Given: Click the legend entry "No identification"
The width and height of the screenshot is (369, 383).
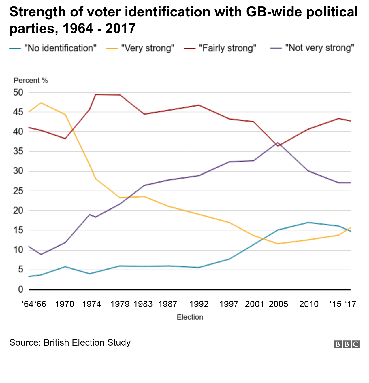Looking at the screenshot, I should coord(60,48).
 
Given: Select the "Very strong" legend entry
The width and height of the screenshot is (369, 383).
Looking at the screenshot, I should coord(148,48).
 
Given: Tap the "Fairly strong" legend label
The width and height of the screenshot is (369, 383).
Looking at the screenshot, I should coord(227,48).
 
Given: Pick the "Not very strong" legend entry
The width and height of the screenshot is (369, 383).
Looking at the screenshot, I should coord(319,48).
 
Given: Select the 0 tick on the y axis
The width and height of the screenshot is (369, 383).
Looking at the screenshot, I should coord(20,289).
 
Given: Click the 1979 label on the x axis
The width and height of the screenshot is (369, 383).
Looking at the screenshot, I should coord(120,304).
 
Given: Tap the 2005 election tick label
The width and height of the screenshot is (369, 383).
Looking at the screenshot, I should coord(278,304).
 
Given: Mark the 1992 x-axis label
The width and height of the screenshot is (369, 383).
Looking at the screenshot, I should coord(199,304).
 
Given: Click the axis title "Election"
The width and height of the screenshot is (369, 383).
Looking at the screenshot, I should coord(190,317).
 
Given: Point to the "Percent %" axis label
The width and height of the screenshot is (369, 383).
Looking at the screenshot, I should coord(31,81).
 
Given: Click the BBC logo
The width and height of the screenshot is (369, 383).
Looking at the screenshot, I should coord(347,344).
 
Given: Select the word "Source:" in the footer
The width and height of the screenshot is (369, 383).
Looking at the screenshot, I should coord(25,343).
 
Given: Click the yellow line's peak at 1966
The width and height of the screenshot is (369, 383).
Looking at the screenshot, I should coord(41,103).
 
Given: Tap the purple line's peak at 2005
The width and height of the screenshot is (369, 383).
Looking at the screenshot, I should coord(278,143).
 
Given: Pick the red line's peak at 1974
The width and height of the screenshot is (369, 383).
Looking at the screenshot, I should coord(96,94).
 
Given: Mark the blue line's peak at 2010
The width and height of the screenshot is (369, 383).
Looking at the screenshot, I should coord(308,222).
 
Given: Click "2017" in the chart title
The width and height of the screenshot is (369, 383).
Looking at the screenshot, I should coord(121,29).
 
